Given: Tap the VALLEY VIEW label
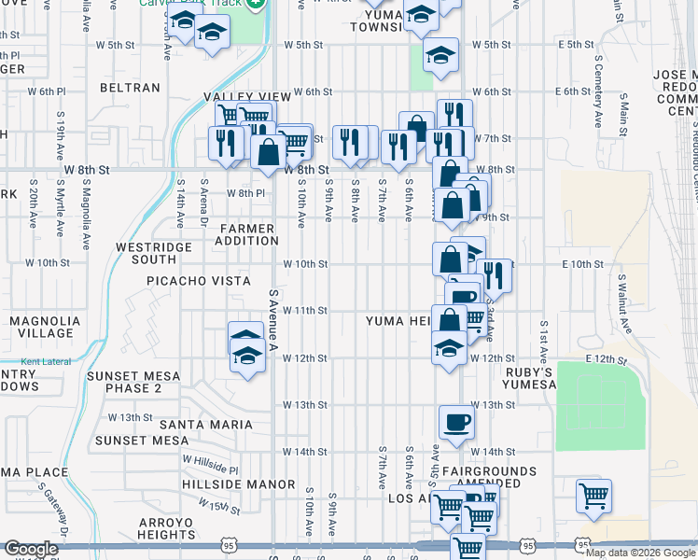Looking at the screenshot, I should coord(248,96).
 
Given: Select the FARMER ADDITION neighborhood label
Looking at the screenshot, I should coord(247,235).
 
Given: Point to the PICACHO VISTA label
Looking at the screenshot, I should coord(198,281).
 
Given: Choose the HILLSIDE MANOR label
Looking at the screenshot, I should coord(241,485).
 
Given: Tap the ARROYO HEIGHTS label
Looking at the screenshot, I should coord(165,528).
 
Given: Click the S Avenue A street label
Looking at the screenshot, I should coord(274,320).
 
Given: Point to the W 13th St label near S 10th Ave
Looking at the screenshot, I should coord(306,405).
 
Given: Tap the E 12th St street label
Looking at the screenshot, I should coord(603,358).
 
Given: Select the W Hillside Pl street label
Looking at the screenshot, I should coord(211,465).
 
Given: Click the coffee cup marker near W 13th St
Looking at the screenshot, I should coord(456,422).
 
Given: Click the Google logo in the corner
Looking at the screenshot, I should coord(31,549).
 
